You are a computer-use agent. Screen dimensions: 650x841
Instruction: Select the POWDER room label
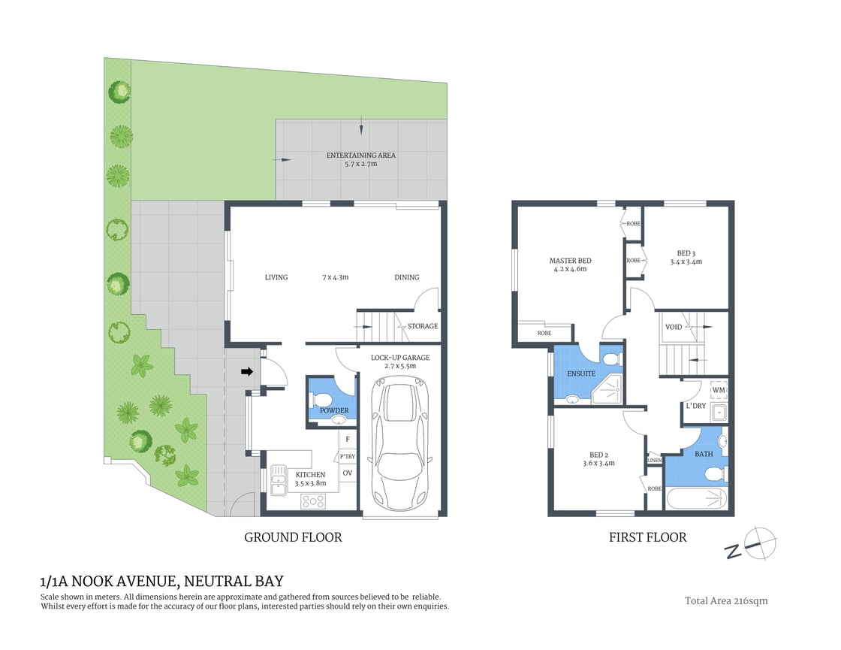334,410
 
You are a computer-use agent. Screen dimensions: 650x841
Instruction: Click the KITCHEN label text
310,475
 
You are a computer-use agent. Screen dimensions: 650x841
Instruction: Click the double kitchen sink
278,479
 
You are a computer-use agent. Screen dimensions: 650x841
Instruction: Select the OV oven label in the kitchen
347,473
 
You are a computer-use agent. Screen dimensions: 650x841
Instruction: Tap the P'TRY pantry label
347,456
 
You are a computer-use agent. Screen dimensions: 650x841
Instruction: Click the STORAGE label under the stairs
423,326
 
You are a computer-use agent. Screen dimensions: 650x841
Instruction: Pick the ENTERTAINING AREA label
360,156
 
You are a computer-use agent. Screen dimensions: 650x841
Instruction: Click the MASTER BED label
570,261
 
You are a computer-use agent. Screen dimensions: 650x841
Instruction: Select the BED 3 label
686,253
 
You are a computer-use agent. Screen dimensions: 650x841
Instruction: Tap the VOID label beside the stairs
674,327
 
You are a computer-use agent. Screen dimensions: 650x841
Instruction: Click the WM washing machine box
719,390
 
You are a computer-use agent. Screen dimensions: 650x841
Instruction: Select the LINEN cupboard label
654,461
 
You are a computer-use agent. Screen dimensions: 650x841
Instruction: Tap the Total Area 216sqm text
726,600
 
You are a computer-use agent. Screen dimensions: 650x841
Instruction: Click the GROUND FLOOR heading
293,537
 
